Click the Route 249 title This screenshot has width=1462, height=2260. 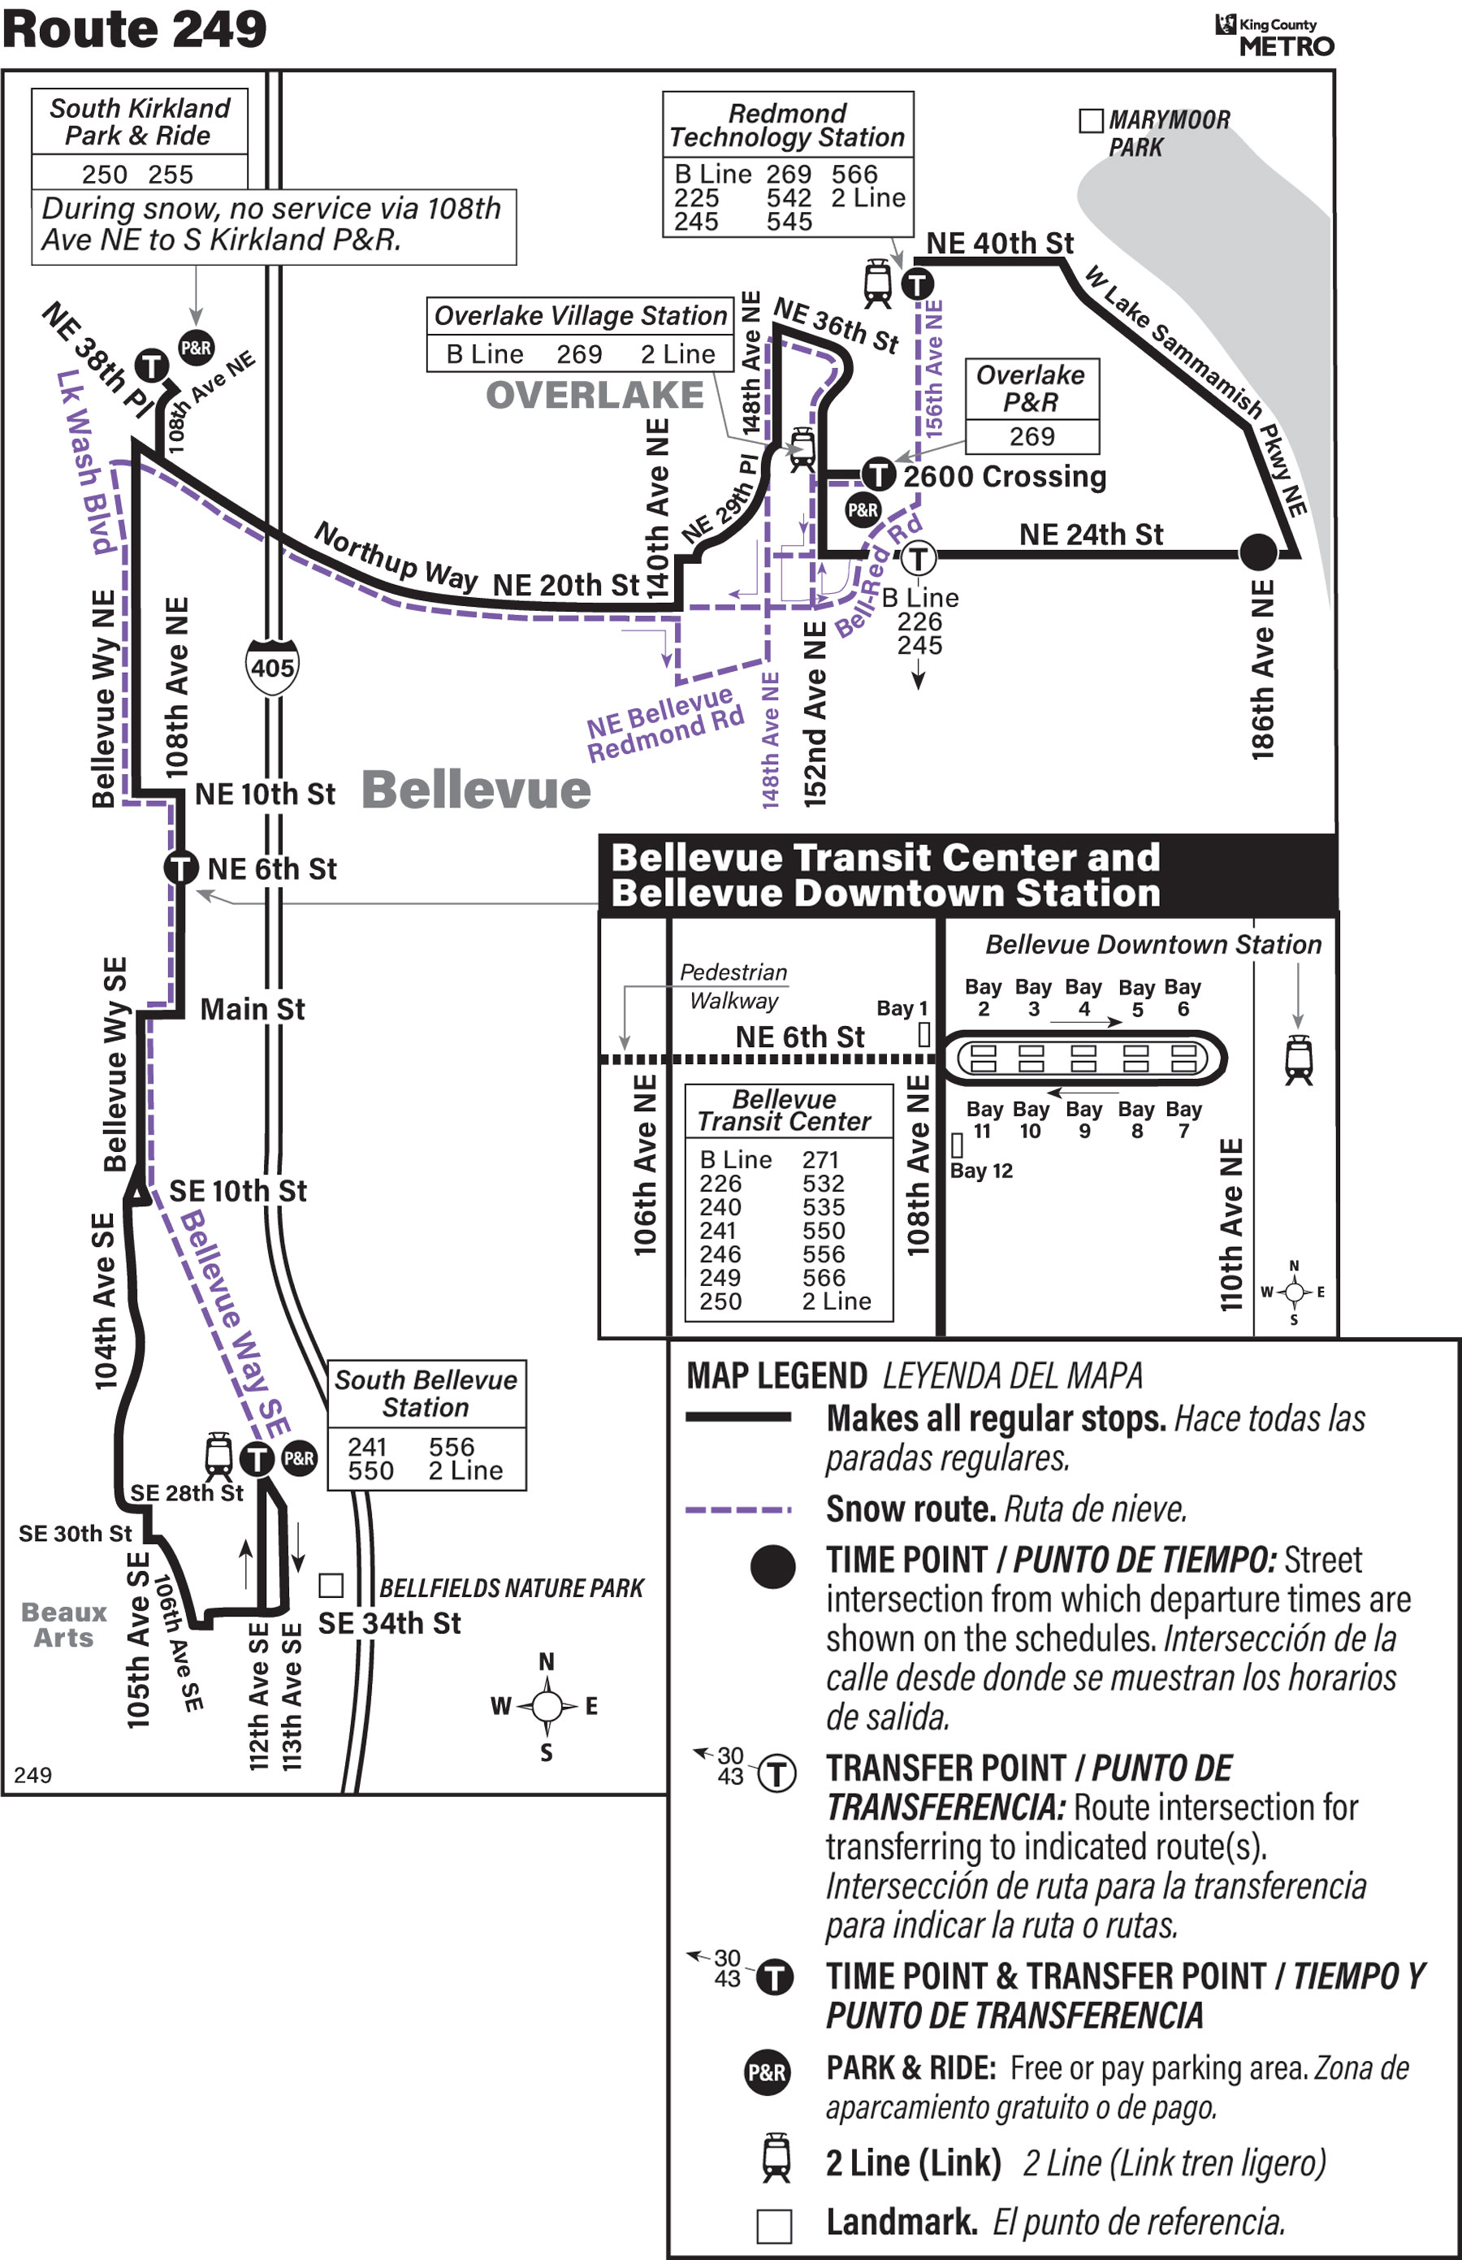[x=135, y=28]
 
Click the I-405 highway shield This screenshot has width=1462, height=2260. [x=272, y=667]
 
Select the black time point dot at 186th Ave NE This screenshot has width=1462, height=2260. [x=1258, y=552]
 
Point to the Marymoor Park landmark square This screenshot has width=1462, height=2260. [x=1092, y=120]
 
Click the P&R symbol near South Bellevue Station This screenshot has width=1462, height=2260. [x=299, y=1457]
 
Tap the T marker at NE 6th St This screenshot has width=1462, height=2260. [x=180, y=867]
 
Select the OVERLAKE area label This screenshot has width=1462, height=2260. [x=595, y=395]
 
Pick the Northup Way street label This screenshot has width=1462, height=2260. [x=396, y=556]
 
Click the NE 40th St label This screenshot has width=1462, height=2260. [x=1000, y=244]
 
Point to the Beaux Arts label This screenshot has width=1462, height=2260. [x=63, y=1625]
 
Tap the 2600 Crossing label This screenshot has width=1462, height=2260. [x=1005, y=476]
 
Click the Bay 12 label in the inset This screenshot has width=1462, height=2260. [x=982, y=1171]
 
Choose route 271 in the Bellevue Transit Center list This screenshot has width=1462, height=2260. [x=820, y=1160]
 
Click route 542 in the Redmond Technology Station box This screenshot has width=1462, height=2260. [x=789, y=198]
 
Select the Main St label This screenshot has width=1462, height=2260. [x=253, y=1010]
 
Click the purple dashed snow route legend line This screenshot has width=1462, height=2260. [x=737, y=1509]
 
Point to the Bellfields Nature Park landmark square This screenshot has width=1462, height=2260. [x=331, y=1585]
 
